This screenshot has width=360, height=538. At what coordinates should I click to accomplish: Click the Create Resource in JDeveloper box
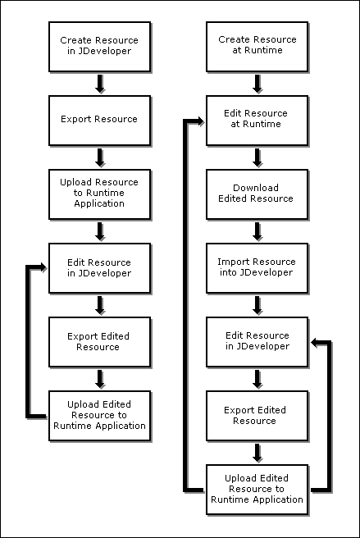[x=99, y=45]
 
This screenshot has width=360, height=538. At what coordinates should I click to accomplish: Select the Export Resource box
[x=99, y=119]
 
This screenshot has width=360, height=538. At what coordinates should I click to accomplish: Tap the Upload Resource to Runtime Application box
[x=99, y=193]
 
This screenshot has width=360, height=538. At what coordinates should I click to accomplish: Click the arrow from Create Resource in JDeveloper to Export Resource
[x=99, y=82]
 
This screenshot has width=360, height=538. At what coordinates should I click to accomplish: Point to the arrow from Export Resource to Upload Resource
[x=99, y=156]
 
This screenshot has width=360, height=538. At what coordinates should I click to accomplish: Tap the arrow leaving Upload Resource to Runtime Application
[x=99, y=230]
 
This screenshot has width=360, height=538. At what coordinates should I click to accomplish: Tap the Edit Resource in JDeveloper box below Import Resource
[x=257, y=341]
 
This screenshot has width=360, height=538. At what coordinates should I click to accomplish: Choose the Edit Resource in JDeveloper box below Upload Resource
[x=99, y=267]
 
